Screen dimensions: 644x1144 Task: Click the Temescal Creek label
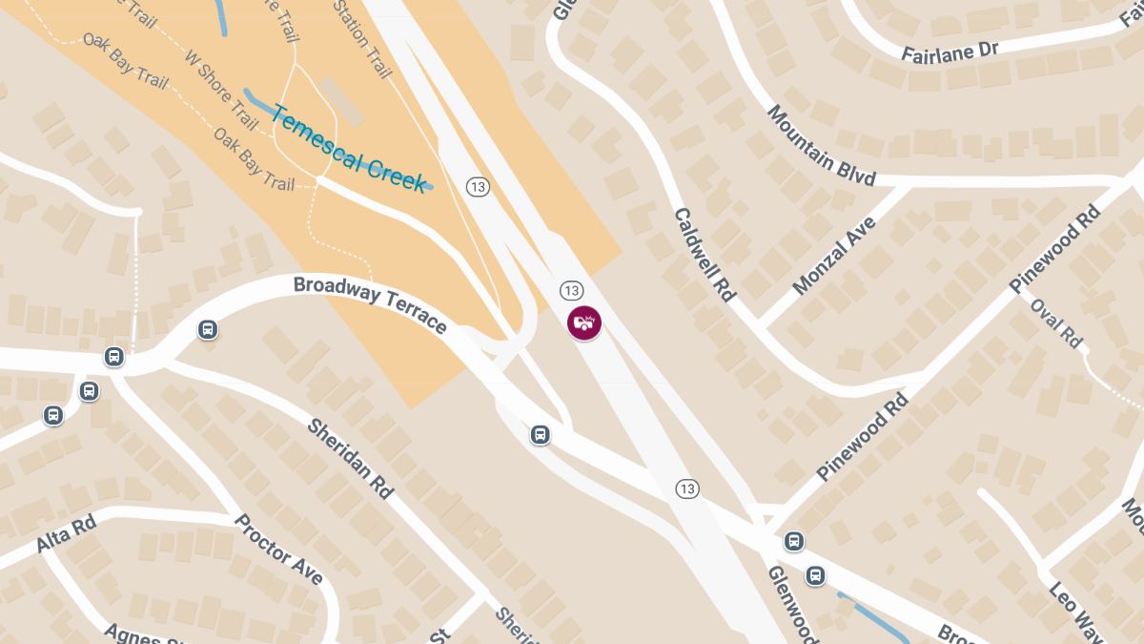[x=349, y=148]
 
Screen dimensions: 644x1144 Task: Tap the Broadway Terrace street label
[x=370, y=303]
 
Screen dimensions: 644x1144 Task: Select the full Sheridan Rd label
[x=350, y=457]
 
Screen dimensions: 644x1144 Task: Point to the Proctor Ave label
[x=278, y=550]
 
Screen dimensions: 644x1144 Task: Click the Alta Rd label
[x=67, y=533]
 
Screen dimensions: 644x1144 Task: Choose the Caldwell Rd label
[x=705, y=255]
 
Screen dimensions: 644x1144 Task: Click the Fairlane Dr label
[x=950, y=51]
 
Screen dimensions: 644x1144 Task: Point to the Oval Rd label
[x=1057, y=323]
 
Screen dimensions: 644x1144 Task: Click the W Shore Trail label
[x=221, y=91]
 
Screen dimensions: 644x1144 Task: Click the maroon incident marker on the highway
[x=584, y=322]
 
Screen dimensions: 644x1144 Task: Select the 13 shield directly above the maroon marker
[x=571, y=290]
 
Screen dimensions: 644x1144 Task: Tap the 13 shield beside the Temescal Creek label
[x=478, y=187]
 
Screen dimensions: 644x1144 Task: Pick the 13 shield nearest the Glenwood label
[x=686, y=488]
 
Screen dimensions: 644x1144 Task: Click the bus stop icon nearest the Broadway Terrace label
[x=207, y=330]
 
